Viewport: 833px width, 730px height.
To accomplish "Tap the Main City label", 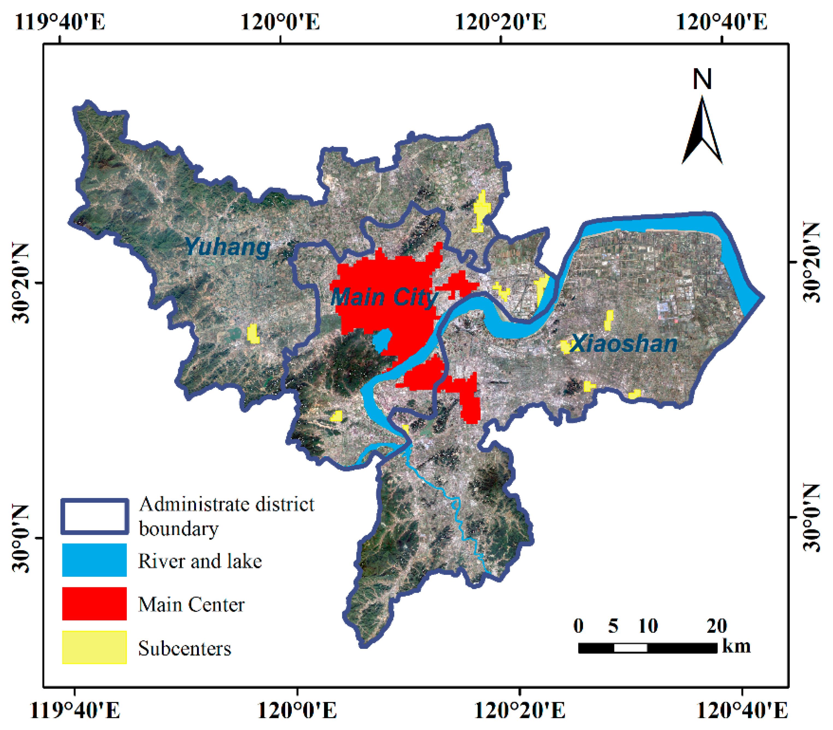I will point(384,297).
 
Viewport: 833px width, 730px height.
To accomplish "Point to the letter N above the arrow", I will point(702,80).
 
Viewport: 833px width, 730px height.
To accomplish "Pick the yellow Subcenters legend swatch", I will point(94,647).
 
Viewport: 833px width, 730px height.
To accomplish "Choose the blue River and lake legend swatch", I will point(94,560).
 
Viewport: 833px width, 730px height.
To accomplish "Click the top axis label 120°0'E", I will point(280,22).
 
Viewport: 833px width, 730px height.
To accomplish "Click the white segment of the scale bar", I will point(630,648).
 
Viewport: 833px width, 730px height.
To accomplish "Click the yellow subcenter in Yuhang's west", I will point(253,334).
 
